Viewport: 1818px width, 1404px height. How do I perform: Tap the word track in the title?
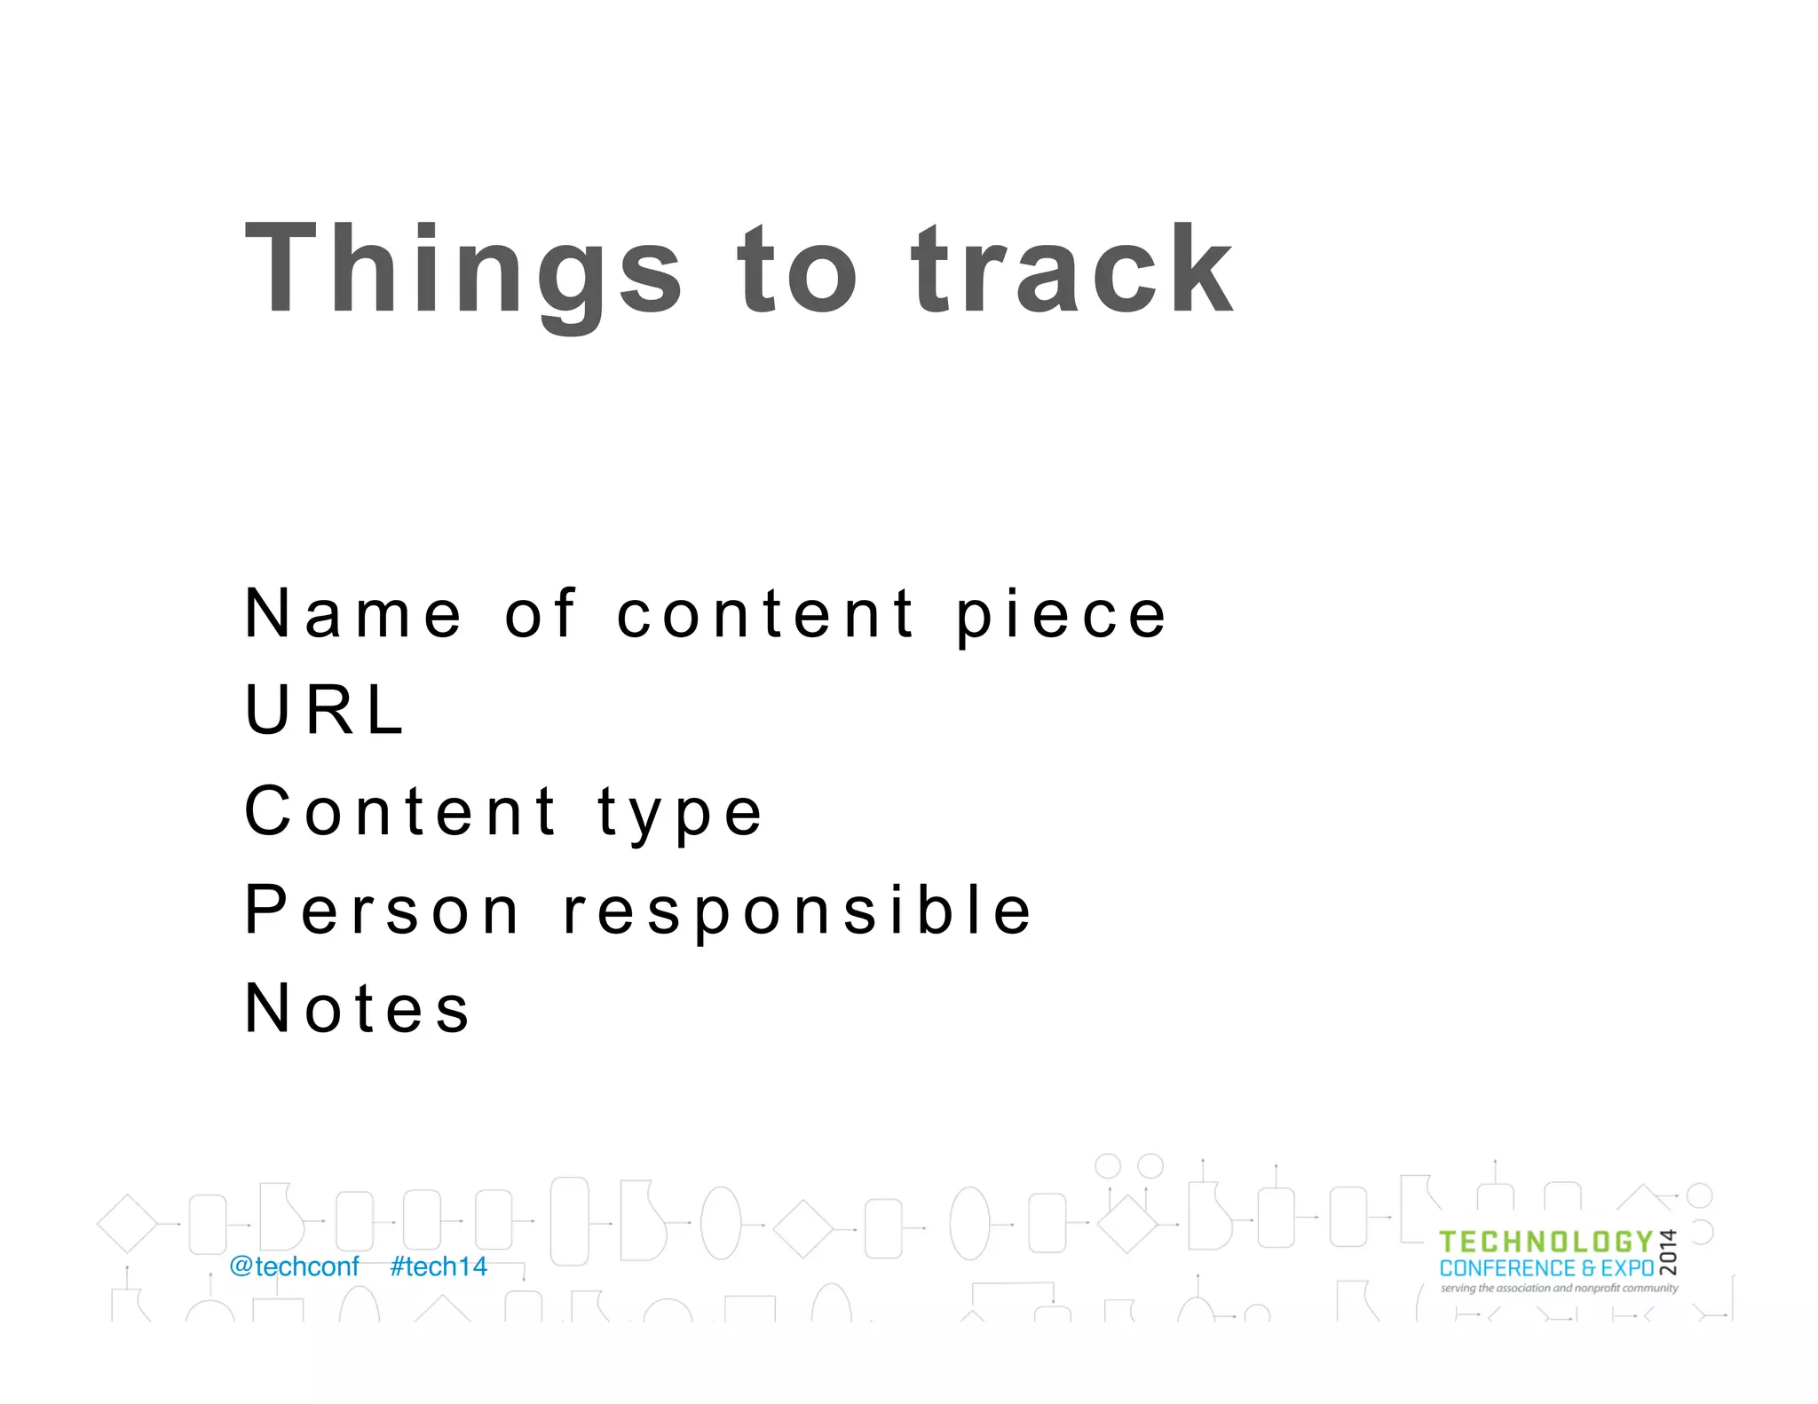1071,271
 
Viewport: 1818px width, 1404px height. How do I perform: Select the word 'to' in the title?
796,271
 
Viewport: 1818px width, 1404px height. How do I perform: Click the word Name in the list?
353,613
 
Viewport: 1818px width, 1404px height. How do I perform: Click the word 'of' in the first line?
541,613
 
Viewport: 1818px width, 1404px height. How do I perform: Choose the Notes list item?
357,1008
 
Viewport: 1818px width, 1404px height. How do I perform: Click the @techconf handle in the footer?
294,1266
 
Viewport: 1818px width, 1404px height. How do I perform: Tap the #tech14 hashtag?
439,1266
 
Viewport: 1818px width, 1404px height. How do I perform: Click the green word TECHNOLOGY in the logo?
1545,1242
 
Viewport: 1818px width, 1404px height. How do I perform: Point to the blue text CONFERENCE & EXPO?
1546,1268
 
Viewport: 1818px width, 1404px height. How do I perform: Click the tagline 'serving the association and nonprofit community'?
1559,1288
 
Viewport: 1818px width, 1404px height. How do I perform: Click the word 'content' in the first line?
766,613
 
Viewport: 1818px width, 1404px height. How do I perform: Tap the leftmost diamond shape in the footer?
127,1224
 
